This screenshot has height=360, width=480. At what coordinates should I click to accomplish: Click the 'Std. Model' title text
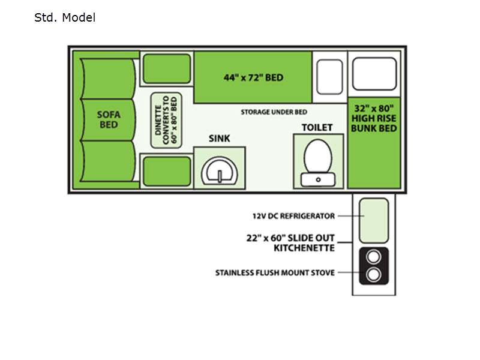(65, 17)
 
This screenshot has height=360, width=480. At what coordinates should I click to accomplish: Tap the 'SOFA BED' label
(109, 119)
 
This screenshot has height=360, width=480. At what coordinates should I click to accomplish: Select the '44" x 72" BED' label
(253, 77)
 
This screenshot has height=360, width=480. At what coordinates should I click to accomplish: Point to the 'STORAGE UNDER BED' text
(274, 112)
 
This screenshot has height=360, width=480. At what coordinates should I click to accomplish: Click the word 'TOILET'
(317, 127)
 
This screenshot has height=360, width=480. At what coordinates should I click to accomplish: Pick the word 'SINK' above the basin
(219, 139)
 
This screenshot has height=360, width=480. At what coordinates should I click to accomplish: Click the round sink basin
(220, 172)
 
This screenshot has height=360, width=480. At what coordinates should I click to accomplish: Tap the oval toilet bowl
(318, 157)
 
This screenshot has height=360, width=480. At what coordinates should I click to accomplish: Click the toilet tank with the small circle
(318, 179)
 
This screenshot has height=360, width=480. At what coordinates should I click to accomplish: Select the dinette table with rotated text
(166, 121)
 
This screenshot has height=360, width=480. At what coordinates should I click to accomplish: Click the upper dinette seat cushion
(167, 68)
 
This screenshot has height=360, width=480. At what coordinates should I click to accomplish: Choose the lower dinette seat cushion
(167, 171)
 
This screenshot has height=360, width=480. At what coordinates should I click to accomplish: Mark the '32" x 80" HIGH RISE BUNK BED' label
(374, 118)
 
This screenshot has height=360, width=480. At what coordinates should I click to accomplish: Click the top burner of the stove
(373, 257)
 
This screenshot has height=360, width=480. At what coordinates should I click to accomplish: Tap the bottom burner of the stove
(373, 275)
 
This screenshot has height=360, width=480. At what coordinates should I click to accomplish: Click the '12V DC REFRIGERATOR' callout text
(293, 216)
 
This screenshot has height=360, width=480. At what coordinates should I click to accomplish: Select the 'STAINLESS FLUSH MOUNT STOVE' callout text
(275, 273)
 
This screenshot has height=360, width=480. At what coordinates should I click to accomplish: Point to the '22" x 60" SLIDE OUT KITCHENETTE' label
(290, 243)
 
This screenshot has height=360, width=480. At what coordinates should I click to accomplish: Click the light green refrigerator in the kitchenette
(374, 220)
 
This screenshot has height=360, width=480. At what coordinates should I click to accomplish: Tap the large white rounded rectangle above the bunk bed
(374, 74)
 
